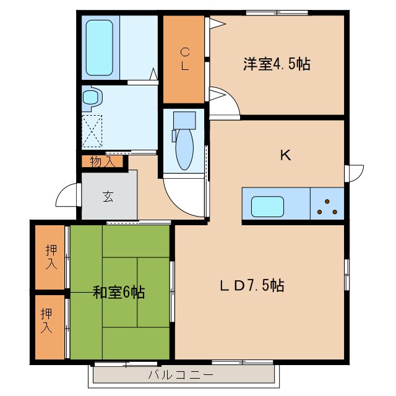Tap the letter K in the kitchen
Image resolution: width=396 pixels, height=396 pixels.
pos(285,155)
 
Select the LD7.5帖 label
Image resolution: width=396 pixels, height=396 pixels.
pos(252,286)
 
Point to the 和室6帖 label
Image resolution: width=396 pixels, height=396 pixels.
pos(119,292)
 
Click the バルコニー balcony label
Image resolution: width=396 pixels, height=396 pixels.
pos(181,374)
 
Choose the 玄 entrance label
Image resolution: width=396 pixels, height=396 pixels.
pos(108,197)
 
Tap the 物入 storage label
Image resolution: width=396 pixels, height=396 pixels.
pos(101,162)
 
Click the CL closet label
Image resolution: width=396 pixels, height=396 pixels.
pos(184,59)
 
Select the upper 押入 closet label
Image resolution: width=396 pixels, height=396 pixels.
pos(51,256)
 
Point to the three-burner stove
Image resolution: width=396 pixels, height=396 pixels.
pos(326,205)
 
